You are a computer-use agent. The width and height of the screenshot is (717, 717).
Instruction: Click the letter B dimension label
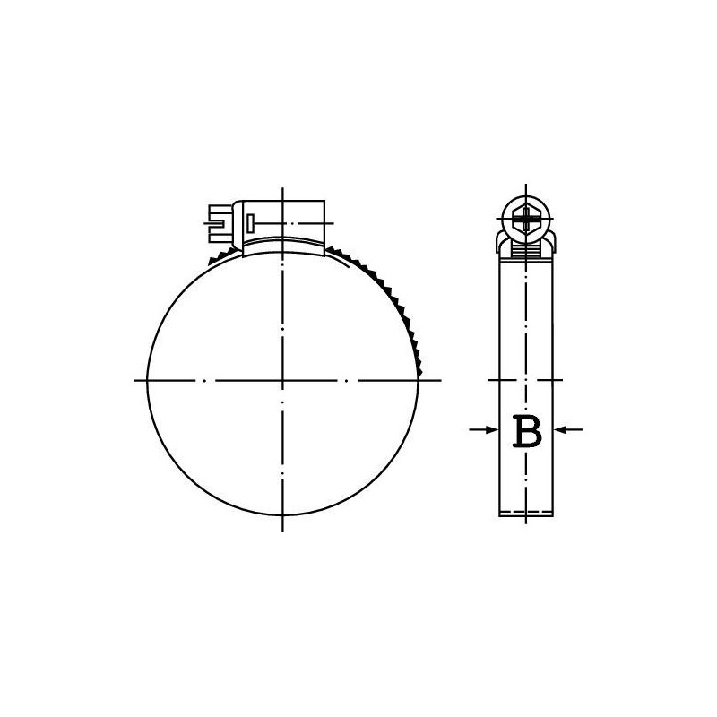point(527,431)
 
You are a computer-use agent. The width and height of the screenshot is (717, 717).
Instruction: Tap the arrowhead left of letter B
point(493,429)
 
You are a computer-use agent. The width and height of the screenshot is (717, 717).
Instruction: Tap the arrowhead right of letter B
point(558,429)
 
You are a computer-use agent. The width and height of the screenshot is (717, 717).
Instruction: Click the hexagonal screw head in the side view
point(526,219)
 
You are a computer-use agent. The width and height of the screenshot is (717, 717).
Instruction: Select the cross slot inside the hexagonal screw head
point(526,219)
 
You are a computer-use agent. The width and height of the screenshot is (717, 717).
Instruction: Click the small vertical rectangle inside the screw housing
point(250,223)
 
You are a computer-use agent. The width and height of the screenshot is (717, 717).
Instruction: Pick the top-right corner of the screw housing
point(324,200)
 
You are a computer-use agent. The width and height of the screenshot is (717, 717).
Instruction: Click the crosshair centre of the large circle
point(282,380)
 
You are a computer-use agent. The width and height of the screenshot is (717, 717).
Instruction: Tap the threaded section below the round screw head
point(526,252)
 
